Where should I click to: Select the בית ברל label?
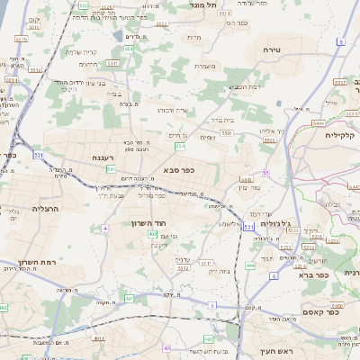[x=220, y=118]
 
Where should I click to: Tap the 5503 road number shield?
[x=227, y=132]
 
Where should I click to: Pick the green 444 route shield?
[x=249, y=266]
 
